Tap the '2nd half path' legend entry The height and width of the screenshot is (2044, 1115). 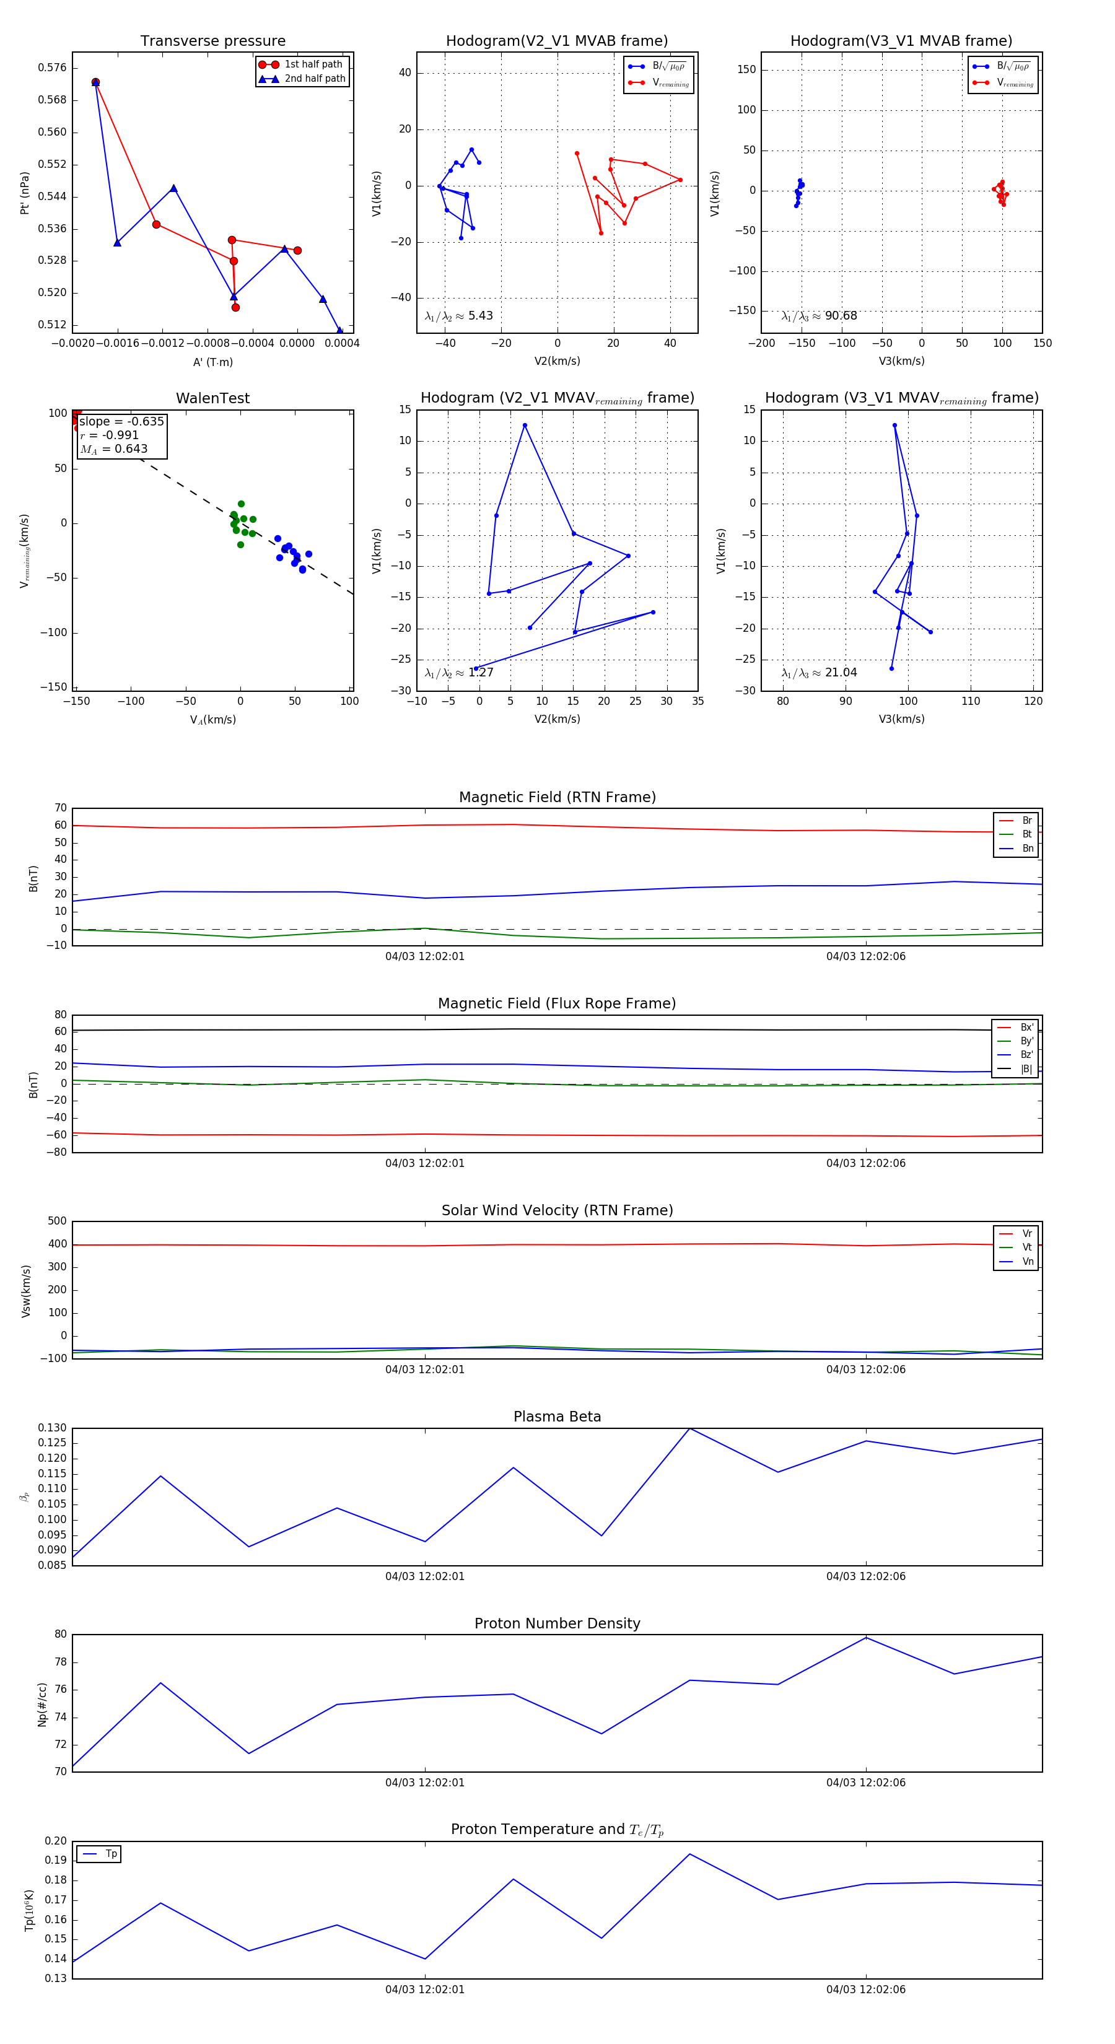coord(314,79)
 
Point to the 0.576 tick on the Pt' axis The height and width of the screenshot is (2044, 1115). coord(53,68)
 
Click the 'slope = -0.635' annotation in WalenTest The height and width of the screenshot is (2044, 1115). coord(121,421)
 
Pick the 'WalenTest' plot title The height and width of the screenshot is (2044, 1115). coord(212,398)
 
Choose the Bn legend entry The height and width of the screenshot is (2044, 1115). coord(1027,848)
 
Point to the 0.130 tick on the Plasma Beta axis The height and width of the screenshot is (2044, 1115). coord(53,1428)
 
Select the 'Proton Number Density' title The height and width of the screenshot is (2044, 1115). coord(557,1623)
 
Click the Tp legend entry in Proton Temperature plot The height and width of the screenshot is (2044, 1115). coord(111,1854)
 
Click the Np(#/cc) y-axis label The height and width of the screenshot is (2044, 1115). coord(42,1705)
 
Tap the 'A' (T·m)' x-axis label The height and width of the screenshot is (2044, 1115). coord(212,362)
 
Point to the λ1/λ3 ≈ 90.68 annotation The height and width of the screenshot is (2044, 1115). coord(819,316)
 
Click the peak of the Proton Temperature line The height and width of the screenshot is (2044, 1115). coord(689,1854)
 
